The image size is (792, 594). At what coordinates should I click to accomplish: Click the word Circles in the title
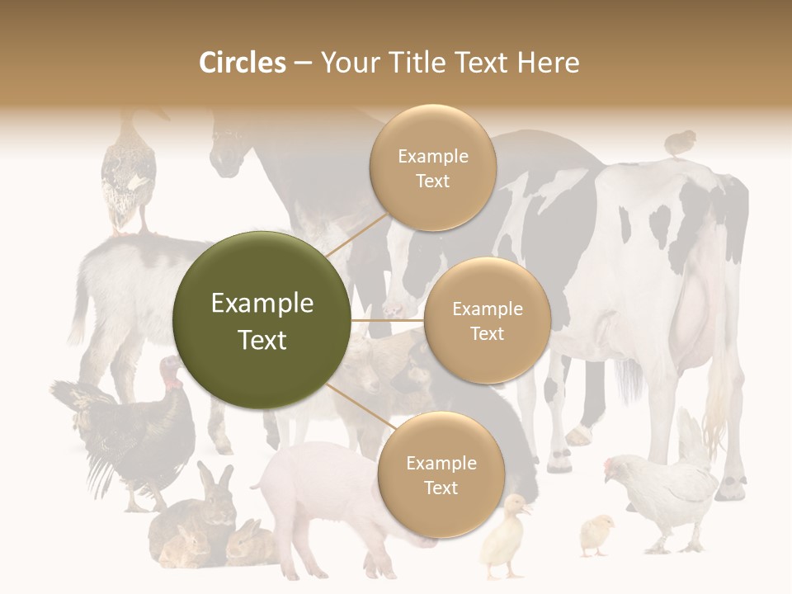pyautogui.click(x=242, y=63)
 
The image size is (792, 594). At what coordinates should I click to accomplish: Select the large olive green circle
pyautogui.click(x=262, y=321)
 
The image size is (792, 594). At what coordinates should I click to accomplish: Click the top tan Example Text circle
pyautogui.click(x=432, y=168)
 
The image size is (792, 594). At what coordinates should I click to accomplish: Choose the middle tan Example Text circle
pyautogui.click(x=487, y=321)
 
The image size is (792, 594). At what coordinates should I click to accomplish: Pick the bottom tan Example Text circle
pyautogui.click(x=441, y=475)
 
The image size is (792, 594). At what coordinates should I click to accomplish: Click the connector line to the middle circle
pyautogui.click(x=387, y=320)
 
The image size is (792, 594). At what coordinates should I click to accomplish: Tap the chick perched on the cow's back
pyautogui.click(x=680, y=143)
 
